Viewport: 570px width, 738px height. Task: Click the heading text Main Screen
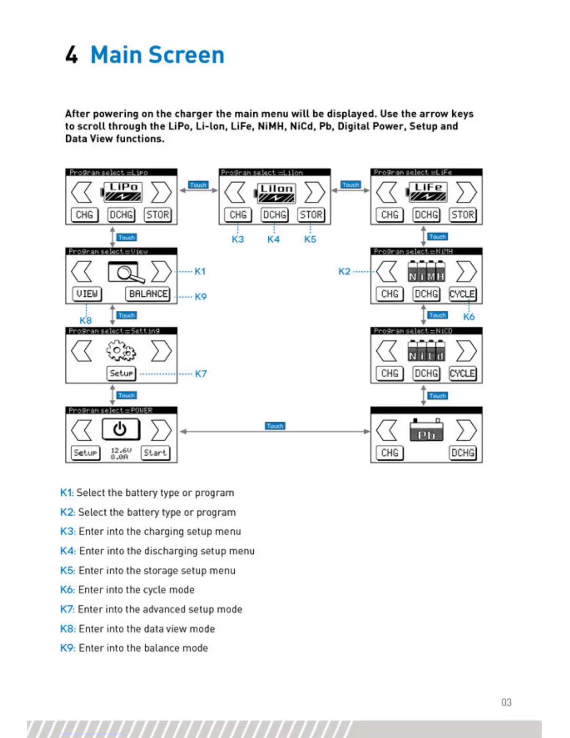157,55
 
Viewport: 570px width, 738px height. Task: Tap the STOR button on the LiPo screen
158,215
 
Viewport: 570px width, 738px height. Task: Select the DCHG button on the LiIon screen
274,215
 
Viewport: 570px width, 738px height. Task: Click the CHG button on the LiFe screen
390,215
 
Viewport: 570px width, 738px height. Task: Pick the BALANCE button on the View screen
148,294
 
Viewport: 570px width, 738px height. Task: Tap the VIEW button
87,294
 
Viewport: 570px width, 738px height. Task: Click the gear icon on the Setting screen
121,351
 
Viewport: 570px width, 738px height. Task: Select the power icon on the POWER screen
120,429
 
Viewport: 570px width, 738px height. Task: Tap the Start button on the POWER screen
155,453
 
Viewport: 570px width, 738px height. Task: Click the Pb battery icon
426,430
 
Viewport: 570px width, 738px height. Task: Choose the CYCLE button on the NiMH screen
462,294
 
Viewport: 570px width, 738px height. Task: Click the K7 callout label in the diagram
201,374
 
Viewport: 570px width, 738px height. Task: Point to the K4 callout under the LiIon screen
273,239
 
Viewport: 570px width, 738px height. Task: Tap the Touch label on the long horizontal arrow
275,426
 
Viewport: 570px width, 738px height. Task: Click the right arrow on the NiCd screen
466,351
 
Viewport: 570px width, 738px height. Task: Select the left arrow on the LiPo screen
81,192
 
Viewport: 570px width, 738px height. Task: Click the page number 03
506,702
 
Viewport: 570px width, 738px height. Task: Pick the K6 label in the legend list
67,590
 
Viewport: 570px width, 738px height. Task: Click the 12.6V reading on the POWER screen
121,450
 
